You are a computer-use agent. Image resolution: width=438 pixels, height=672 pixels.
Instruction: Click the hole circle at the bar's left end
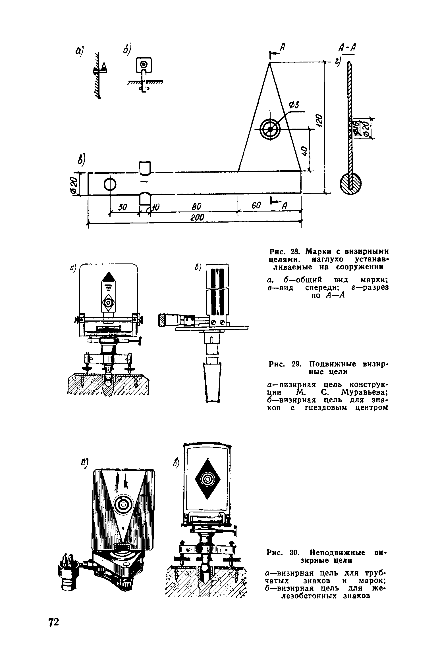110,184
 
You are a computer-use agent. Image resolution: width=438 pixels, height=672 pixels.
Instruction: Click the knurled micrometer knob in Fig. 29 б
163,319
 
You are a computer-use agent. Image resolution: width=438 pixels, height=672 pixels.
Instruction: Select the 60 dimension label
256,206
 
